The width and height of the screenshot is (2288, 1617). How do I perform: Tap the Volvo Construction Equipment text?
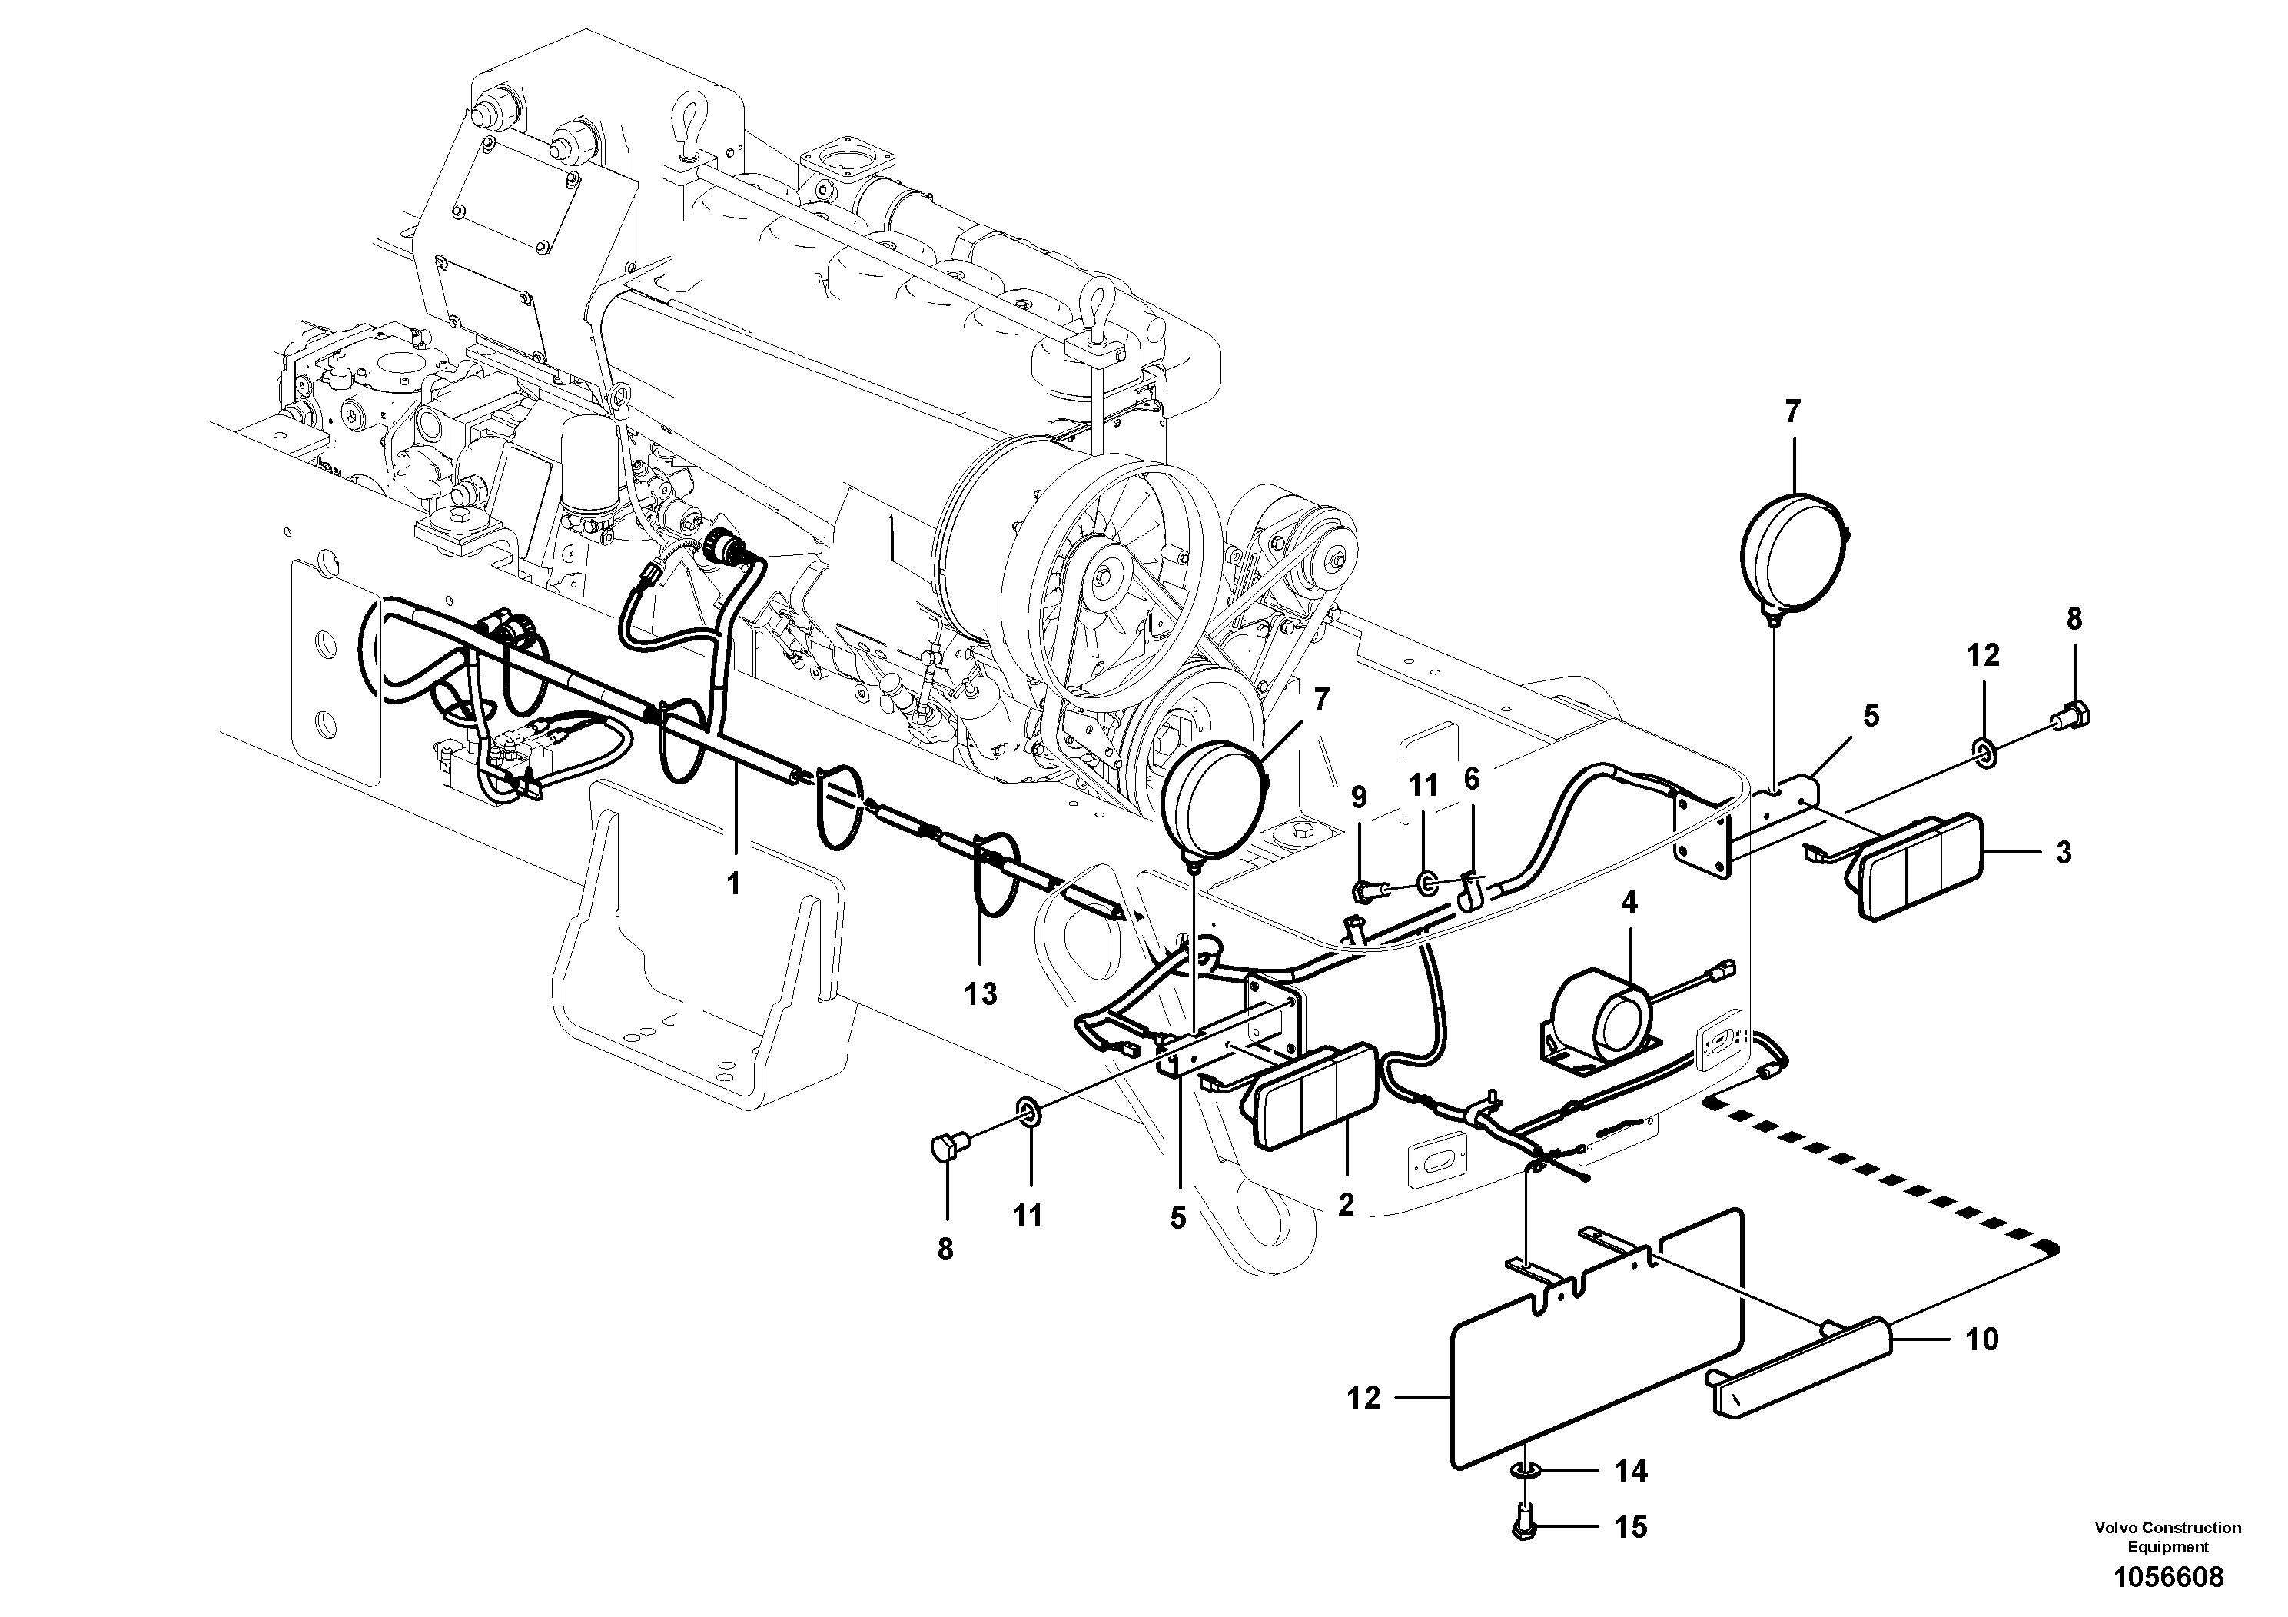click(2167, 1536)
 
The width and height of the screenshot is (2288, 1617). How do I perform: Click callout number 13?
click(981, 994)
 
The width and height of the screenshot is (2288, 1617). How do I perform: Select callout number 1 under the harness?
click(733, 883)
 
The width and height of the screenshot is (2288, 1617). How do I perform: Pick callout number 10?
click(1982, 1339)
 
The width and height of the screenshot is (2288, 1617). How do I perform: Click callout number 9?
click(1358, 797)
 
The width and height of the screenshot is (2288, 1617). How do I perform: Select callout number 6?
click(1472, 780)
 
